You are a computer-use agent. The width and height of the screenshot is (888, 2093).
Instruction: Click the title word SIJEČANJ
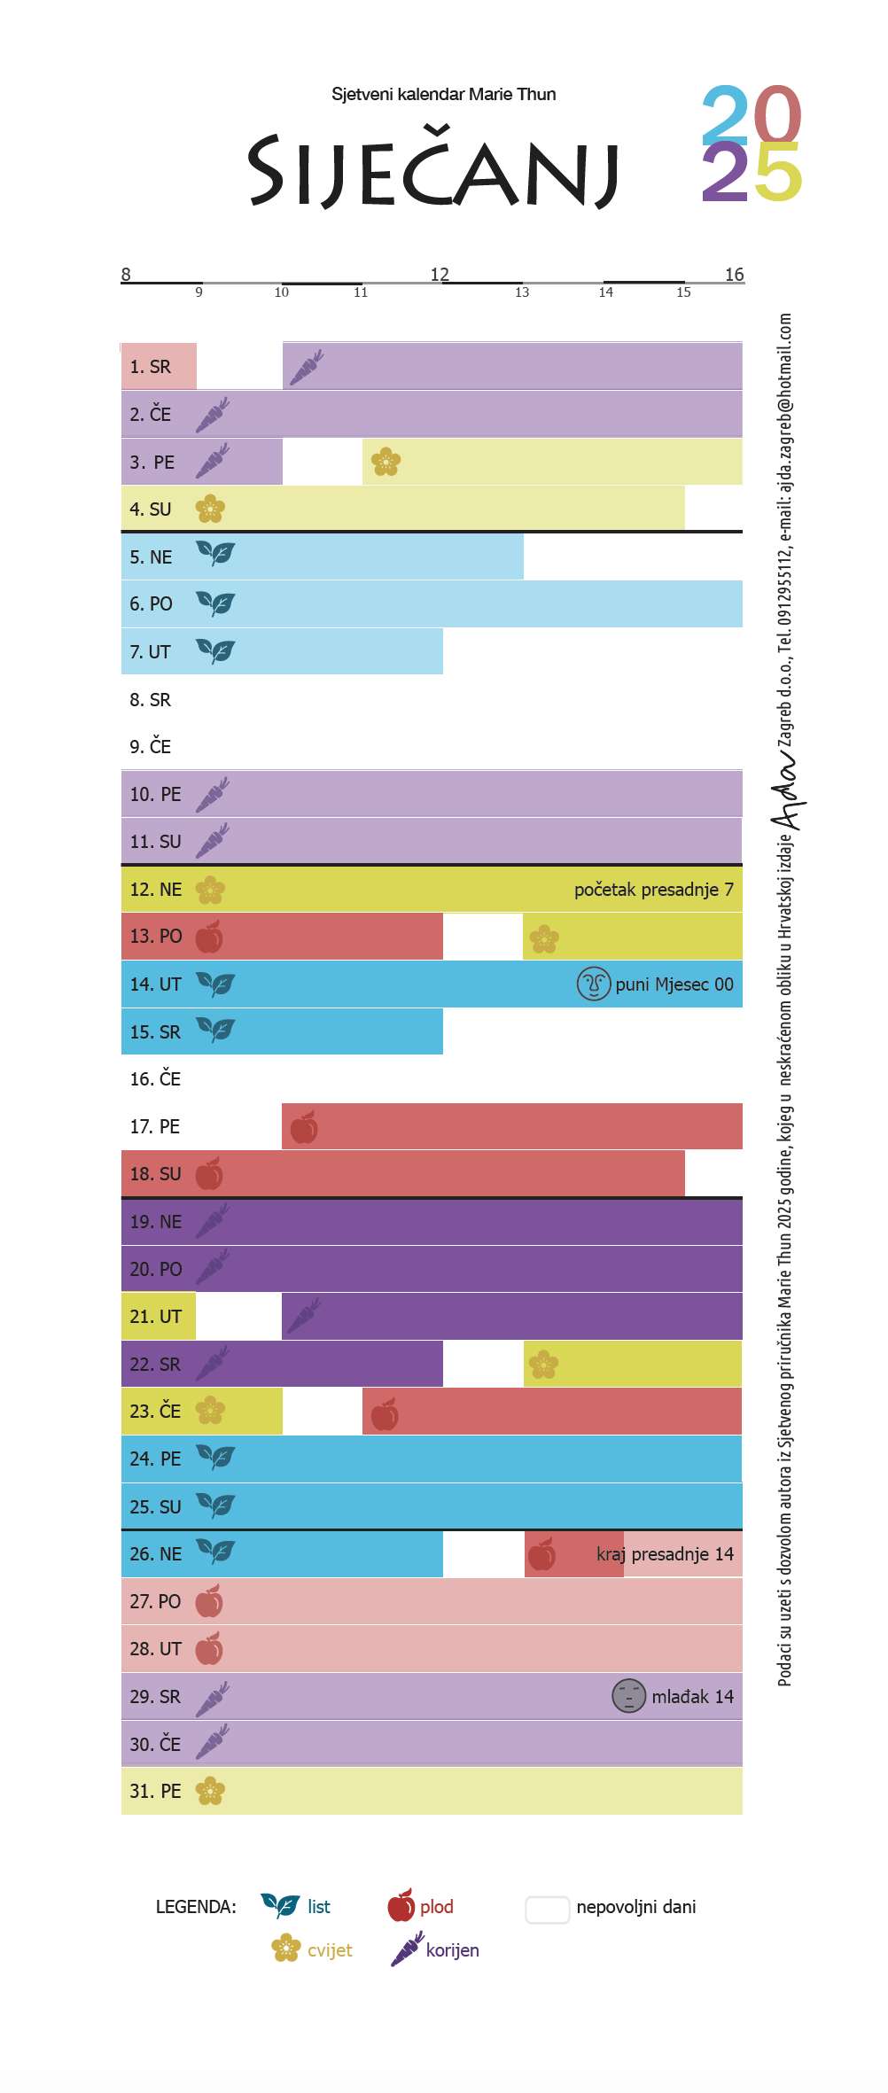[x=432, y=170]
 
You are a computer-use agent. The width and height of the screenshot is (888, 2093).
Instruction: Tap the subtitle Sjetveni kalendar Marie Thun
[x=443, y=94]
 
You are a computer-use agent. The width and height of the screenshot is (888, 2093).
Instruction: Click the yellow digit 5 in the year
[x=778, y=173]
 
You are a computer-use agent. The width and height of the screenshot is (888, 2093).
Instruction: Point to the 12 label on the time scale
[x=440, y=274]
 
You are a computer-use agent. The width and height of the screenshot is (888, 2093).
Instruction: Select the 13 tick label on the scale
[x=522, y=292]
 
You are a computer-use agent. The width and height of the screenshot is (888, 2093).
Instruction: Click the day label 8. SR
[x=150, y=700]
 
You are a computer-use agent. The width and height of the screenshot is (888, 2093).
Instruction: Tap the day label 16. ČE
[x=155, y=1079]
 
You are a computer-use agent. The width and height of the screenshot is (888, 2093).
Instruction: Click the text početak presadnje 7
[x=653, y=890]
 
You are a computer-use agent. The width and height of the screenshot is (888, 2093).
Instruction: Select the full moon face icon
[x=594, y=984]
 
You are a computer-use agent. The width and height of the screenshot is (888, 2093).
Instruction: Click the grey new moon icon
[x=628, y=1696]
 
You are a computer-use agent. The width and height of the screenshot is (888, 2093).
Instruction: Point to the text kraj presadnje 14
[x=665, y=1554]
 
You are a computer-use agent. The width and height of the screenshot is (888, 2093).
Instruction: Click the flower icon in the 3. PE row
[x=386, y=462]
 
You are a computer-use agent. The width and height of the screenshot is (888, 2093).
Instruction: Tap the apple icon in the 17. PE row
[x=304, y=1127]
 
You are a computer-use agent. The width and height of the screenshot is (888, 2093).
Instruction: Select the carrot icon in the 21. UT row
[x=304, y=1316]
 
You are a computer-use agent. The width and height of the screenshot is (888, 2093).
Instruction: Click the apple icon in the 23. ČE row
[x=385, y=1414]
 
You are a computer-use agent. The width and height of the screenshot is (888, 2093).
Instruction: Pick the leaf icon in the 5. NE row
[x=215, y=555]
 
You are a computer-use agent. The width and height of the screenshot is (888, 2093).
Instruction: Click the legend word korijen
[x=452, y=1950]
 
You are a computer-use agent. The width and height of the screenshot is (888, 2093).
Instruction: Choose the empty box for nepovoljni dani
[x=547, y=1910]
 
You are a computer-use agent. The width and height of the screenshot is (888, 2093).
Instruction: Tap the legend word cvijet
[x=330, y=1950]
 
